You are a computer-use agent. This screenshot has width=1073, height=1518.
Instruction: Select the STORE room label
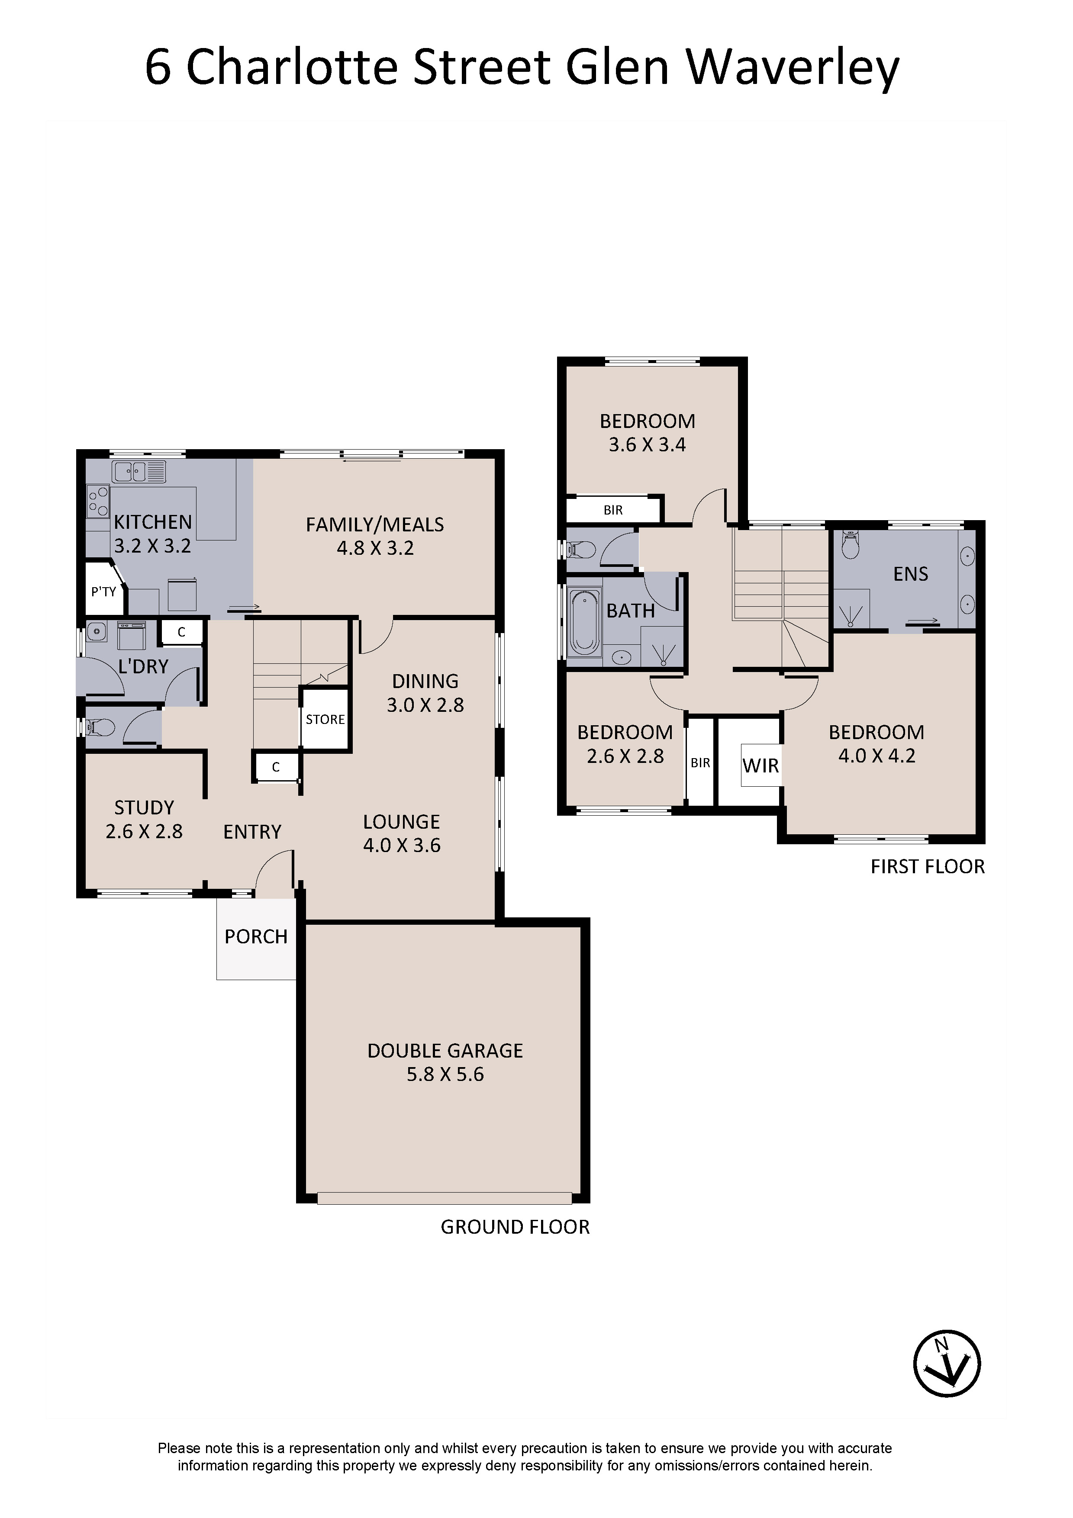[325, 719]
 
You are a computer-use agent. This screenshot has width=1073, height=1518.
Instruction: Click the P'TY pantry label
[104, 592]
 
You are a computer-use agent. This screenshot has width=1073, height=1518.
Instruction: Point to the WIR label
[760, 765]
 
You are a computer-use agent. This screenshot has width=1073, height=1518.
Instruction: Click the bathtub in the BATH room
[584, 622]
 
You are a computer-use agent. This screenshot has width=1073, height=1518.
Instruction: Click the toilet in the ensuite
[851, 545]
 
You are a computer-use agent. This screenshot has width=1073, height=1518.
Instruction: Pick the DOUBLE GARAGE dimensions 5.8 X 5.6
[445, 1074]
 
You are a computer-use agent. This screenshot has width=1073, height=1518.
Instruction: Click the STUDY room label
[144, 807]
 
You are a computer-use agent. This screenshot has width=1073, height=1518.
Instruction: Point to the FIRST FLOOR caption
[928, 867]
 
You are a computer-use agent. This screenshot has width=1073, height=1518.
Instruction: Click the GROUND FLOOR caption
[515, 1227]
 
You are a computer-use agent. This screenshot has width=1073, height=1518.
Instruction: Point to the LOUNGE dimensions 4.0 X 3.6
[401, 845]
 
